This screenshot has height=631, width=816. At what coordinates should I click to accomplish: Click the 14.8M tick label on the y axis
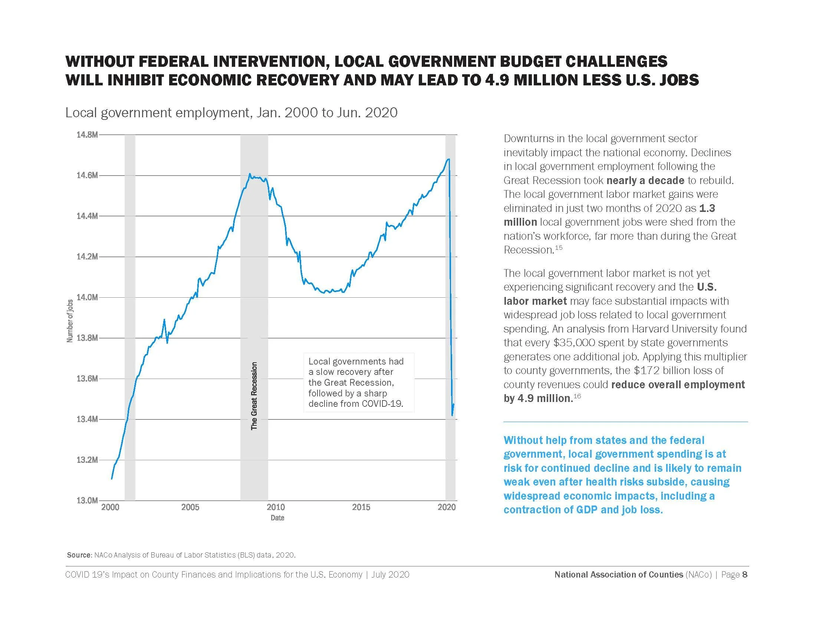pyautogui.click(x=87, y=135)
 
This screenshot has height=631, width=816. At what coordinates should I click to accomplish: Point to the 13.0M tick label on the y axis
pyautogui.click(x=87, y=501)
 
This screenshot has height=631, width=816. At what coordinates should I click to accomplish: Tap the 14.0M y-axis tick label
pyautogui.click(x=87, y=298)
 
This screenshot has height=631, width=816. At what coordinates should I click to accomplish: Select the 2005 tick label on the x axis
pyautogui.click(x=190, y=507)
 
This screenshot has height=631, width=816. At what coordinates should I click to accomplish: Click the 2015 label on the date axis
pyautogui.click(x=361, y=507)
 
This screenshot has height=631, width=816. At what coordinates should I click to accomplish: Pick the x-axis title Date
pyautogui.click(x=277, y=518)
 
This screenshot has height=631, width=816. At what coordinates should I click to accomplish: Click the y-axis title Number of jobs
pyautogui.click(x=70, y=321)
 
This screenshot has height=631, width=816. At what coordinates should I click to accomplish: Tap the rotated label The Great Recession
pyautogui.click(x=254, y=396)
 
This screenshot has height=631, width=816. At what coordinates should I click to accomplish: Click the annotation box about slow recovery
pyautogui.click(x=359, y=382)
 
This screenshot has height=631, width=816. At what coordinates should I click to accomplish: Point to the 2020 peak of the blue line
pyautogui.click(x=448, y=159)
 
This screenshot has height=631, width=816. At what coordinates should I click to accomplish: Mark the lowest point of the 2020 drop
pyautogui.click(x=453, y=415)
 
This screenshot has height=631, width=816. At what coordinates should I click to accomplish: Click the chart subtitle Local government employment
pyautogui.click(x=231, y=112)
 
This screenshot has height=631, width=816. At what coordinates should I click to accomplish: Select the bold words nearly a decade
pyautogui.click(x=645, y=180)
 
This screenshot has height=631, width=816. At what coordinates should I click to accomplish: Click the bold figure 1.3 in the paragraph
pyautogui.click(x=707, y=208)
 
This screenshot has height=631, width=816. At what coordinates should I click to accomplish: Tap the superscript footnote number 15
pyautogui.click(x=559, y=248)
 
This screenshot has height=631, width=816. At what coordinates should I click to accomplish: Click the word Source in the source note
pyautogui.click(x=79, y=555)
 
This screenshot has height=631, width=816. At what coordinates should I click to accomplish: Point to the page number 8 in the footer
pyautogui.click(x=745, y=575)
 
